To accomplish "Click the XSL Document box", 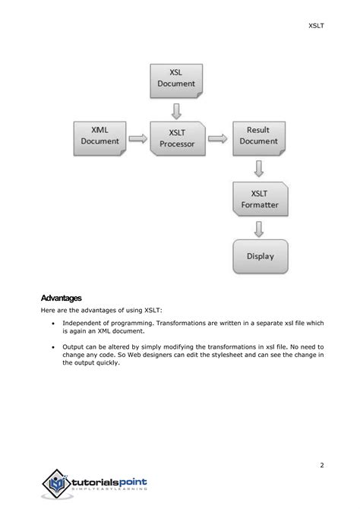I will [x=177, y=79].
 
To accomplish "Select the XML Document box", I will [x=99, y=136].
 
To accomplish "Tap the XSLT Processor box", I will [x=177, y=138].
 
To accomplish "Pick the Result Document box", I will [x=258, y=136].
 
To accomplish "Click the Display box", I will [x=260, y=256].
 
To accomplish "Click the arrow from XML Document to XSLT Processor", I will [x=137, y=138].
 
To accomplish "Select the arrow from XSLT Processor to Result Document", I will [x=217, y=138].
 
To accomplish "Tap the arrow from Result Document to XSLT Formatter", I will [x=259, y=167].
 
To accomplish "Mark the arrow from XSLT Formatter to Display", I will [x=259, y=228].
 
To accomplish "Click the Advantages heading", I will [x=62, y=298].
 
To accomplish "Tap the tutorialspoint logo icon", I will [x=55, y=483].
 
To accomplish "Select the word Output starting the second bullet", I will [x=74, y=346].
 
